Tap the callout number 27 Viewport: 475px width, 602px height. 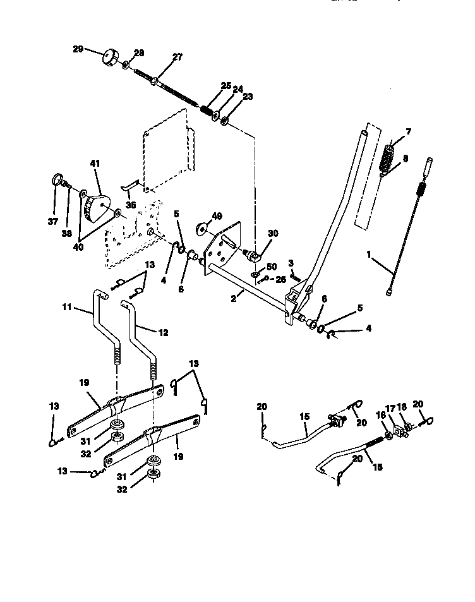tap(177, 57)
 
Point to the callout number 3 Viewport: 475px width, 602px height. tap(292, 263)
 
